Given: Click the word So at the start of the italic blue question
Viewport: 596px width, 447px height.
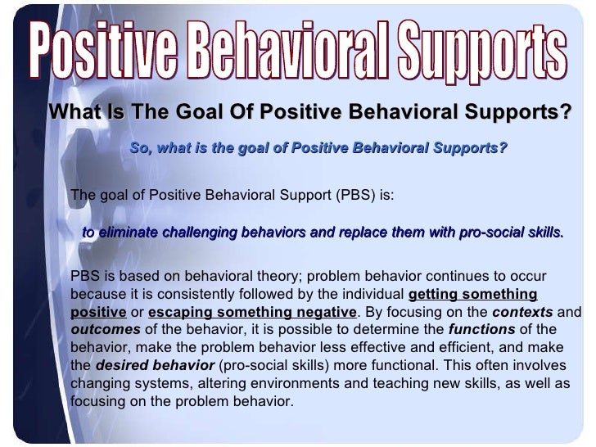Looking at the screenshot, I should pyautogui.click(x=139, y=148).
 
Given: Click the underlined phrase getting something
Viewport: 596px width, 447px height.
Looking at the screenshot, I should pyautogui.click(x=472, y=294).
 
